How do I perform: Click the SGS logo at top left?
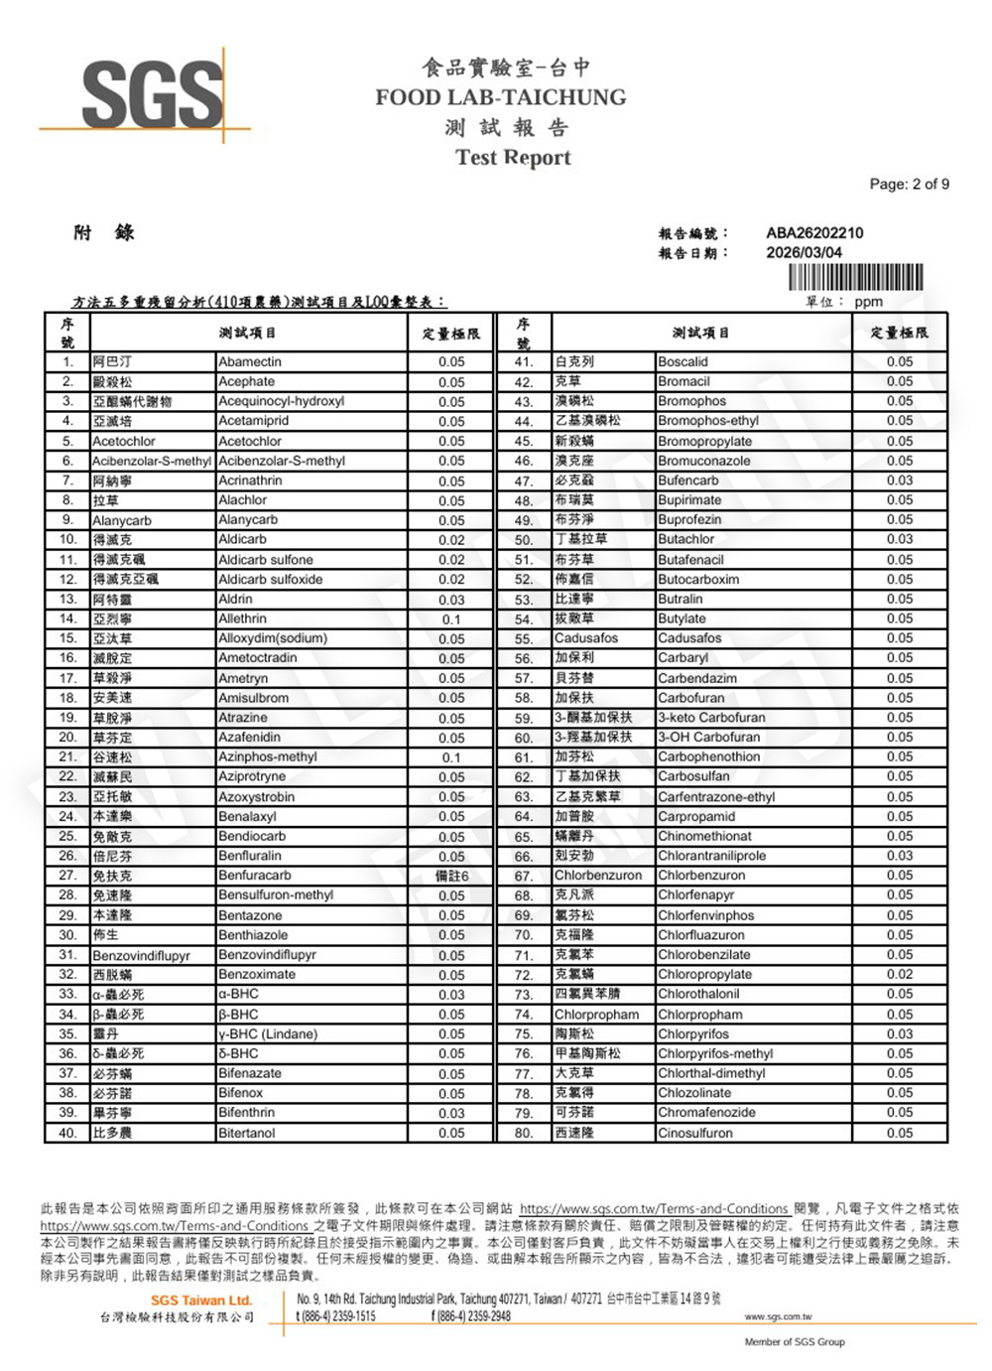[x=152, y=95]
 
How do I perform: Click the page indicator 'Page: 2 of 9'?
[x=909, y=184]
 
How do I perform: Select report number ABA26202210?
[x=814, y=233]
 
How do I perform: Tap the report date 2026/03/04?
[x=804, y=252]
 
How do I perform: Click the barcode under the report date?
[x=855, y=277]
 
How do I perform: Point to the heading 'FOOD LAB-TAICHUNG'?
[x=501, y=97]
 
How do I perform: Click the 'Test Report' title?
[x=513, y=158]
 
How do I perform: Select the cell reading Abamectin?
[x=250, y=362]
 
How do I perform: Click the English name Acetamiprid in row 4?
[x=253, y=421]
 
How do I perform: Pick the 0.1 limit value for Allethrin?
[x=451, y=619]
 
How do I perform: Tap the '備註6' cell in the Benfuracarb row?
[x=451, y=876]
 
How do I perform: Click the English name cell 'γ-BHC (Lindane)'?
[x=268, y=1033]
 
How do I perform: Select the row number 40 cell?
[x=67, y=1133]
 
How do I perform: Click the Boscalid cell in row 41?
[x=682, y=362]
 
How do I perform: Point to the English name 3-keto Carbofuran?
[x=711, y=718]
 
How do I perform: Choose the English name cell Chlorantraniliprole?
[x=711, y=856]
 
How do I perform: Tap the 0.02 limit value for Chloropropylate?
[x=900, y=974]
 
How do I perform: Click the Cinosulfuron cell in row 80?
[x=695, y=1133]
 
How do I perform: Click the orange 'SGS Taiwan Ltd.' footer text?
[x=201, y=1301]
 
